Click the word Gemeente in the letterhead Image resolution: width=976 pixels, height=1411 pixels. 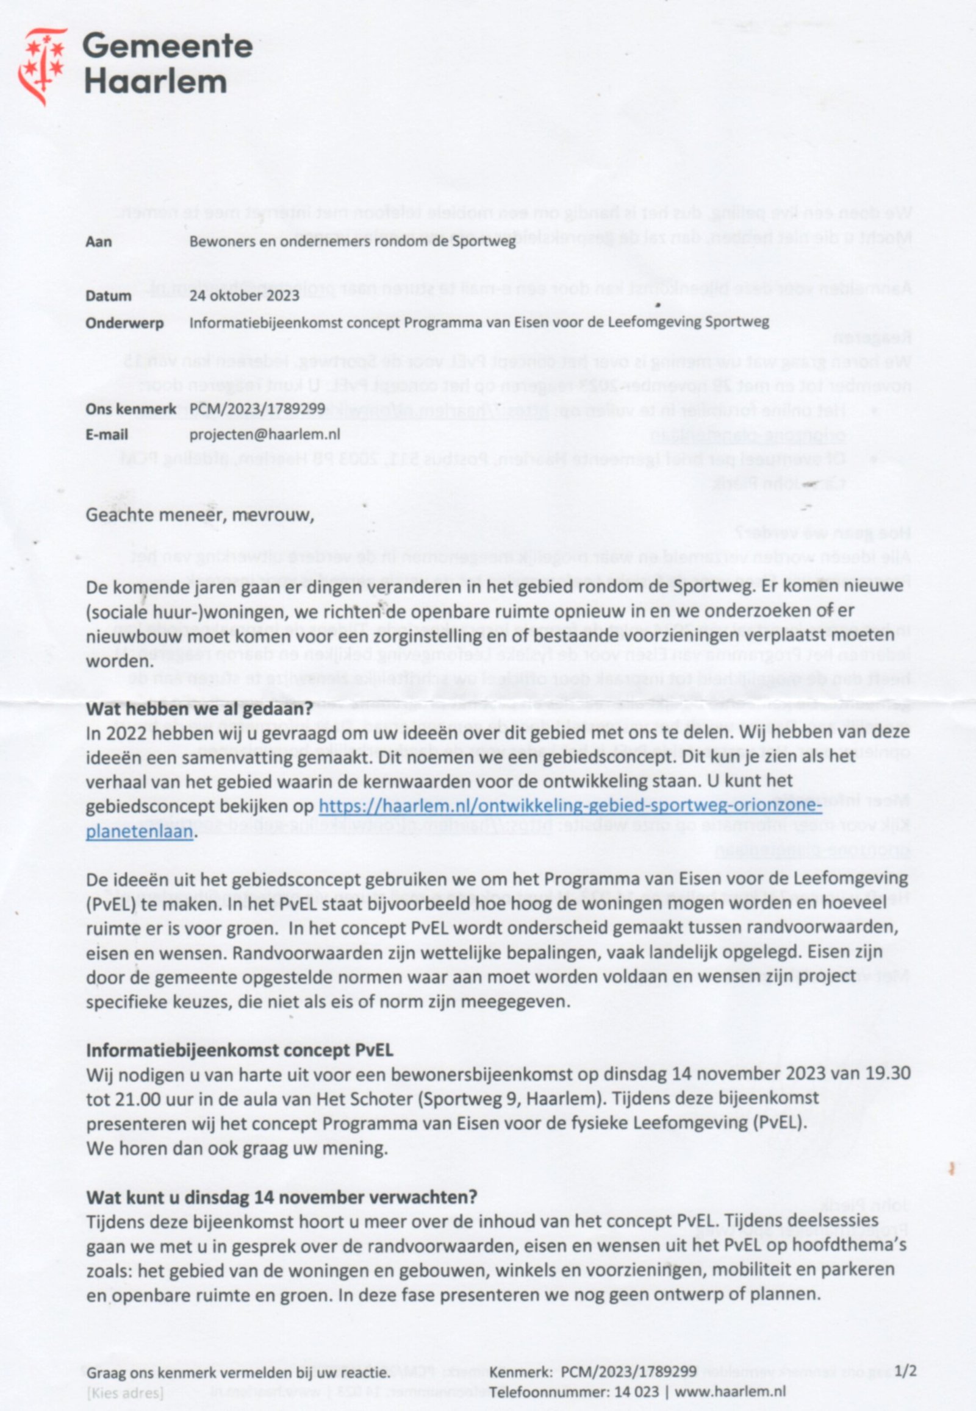(x=167, y=46)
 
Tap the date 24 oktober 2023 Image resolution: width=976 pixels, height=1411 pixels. (x=244, y=296)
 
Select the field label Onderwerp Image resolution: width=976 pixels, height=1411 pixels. (x=124, y=322)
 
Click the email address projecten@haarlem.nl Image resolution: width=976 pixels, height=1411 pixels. (x=264, y=435)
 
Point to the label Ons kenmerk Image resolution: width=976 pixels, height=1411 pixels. (x=131, y=409)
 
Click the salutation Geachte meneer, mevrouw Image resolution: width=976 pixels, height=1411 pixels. (x=199, y=515)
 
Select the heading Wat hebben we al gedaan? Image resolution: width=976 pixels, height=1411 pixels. (x=199, y=709)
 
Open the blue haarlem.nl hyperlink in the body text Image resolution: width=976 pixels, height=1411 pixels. (x=570, y=806)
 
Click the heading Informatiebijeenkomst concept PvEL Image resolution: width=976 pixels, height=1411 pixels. (x=239, y=1050)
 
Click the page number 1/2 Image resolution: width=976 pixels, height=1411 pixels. (x=905, y=1371)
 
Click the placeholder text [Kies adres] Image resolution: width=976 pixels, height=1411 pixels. (x=125, y=1393)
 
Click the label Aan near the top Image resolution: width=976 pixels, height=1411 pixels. (x=98, y=241)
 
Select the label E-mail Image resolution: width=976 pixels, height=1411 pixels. (x=106, y=435)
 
